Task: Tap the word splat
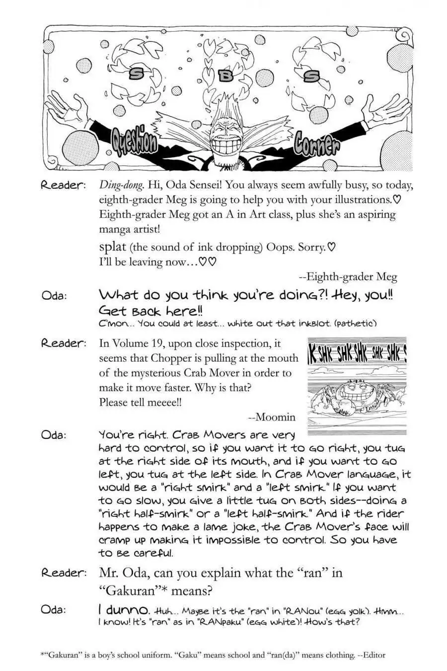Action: click(x=112, y=247)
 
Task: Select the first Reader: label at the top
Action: click(x=63, y=185)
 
